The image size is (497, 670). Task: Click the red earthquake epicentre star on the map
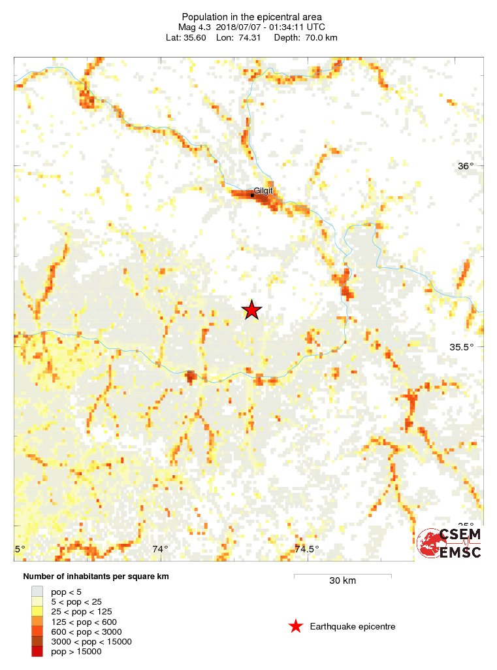252,310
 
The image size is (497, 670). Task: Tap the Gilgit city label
263,191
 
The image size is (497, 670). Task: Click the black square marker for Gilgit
252,195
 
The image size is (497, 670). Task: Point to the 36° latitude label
466,166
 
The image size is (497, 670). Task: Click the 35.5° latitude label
462,347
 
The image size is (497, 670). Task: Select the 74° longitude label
160,549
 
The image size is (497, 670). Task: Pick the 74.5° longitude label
306,549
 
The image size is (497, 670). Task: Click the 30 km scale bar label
342,580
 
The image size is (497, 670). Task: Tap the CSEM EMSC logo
449,543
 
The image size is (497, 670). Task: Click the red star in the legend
296,627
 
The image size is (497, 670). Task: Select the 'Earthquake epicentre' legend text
353,627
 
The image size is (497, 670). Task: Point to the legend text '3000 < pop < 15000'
91,641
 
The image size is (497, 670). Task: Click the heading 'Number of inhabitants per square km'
96,577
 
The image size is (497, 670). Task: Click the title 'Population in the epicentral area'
251,16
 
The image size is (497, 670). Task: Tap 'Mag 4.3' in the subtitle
195,27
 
